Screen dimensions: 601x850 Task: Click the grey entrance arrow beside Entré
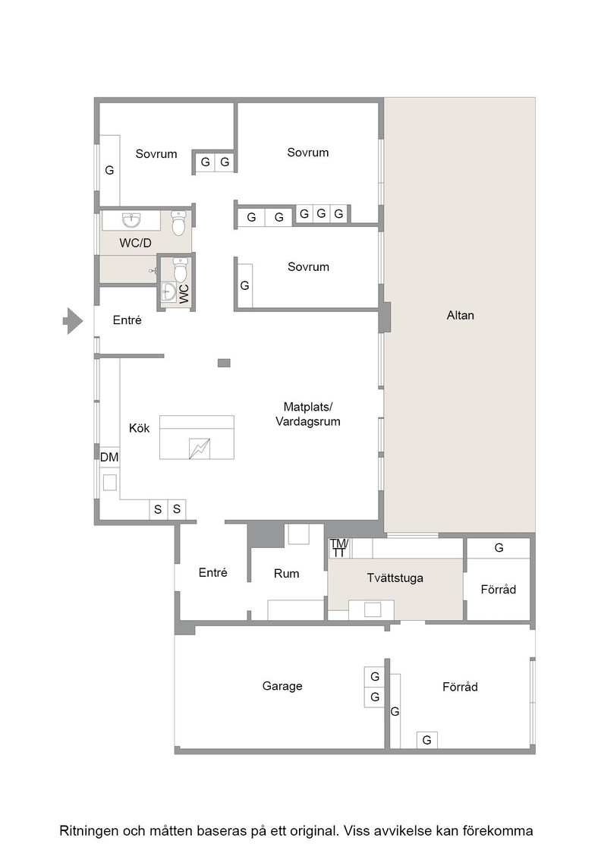coord(73,321)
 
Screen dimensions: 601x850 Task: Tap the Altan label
coord(460,316)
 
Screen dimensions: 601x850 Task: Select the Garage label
coord(282,686)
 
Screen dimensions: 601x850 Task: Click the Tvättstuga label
coord(395,578)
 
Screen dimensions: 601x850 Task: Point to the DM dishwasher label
coord(109,457)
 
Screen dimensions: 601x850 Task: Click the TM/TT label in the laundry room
coord(338,548)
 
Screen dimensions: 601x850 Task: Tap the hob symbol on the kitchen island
coord(199,449)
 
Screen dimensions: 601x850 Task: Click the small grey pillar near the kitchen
coord(224,363)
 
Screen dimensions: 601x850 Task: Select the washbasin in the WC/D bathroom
coord(131,221)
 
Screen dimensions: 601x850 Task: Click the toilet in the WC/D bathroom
coord(179,223)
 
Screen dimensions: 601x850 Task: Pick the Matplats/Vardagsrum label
coord(308,414)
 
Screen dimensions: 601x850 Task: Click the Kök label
coord(140,428)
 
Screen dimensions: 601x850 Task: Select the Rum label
coord(286,574)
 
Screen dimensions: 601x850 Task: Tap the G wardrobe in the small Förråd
coord(499,548)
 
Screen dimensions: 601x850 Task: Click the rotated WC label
coord(184,294)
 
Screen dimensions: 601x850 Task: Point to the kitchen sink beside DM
coord(110,483)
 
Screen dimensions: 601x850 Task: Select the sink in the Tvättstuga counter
coord(373,610)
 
